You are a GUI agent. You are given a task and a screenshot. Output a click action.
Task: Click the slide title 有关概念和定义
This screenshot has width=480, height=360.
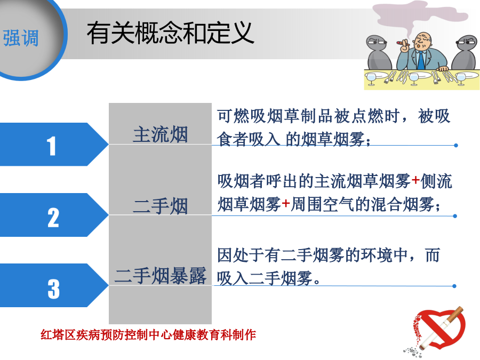tap(170, 33)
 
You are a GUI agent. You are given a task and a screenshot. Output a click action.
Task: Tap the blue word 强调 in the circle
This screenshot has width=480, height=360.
tap(21, 38)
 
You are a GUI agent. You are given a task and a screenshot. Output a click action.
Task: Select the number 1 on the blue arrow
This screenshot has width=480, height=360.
tap(51, 146)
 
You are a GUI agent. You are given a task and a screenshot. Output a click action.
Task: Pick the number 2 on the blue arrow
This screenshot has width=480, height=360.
tap(53, 218)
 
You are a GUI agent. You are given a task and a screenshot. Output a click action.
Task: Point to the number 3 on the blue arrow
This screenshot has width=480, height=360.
tap(53, 289)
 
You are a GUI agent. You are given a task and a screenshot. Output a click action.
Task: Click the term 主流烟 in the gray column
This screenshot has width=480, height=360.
tap(160, 134)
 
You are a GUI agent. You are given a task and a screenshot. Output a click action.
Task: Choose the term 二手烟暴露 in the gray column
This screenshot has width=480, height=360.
tap(161, 276)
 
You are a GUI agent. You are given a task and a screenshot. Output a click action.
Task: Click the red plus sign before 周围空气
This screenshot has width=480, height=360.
tap(286, 203)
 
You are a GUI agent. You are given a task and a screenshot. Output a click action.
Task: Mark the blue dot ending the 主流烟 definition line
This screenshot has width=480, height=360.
tap(456, 146)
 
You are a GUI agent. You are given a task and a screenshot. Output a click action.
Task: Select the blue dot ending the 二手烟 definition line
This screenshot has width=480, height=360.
tap(455, 216)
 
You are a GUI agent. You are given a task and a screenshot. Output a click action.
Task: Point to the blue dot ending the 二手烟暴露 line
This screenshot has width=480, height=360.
tap(454, 286)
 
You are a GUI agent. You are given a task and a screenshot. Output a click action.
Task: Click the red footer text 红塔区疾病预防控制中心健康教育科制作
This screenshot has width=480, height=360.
tap(148, 335)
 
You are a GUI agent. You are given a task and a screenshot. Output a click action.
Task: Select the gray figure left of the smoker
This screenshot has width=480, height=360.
tap(378, 53)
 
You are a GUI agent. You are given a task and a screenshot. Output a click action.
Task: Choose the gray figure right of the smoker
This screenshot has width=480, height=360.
tap(465, 53)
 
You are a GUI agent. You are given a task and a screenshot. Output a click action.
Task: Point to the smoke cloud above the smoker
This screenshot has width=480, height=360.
tap(419, 15)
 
